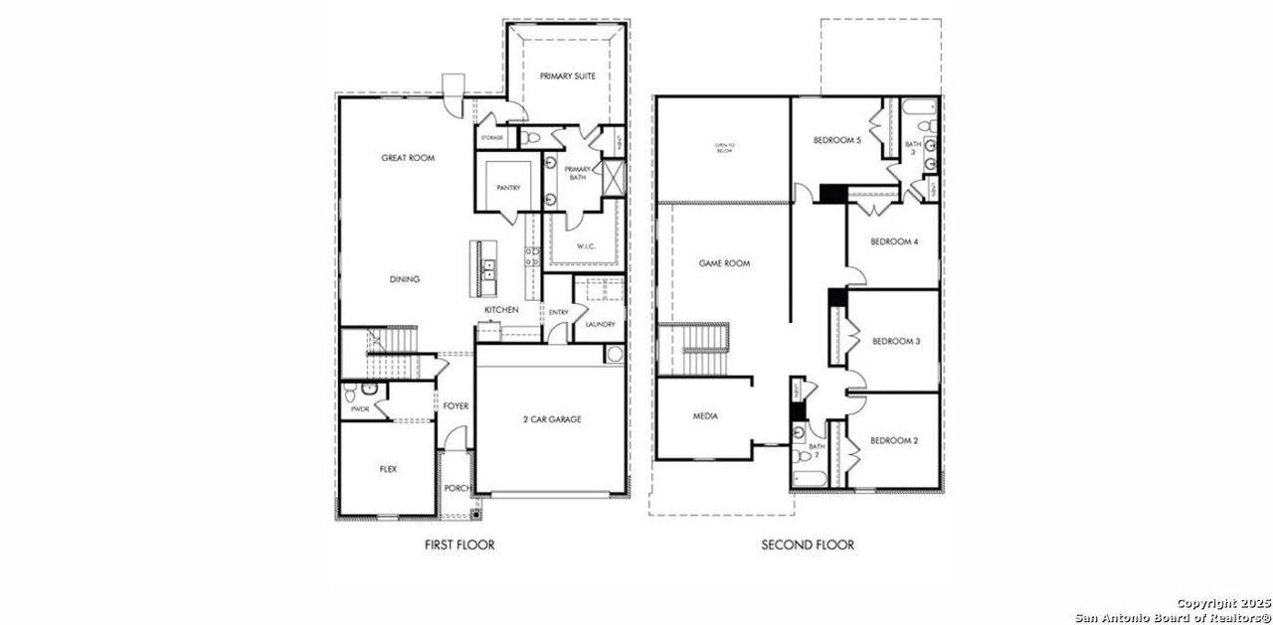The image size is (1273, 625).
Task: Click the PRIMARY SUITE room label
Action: click(x=568, y=77)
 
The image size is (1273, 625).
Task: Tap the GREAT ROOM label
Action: click(x=408, y=158)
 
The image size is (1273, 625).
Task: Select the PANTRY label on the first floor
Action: click(x=508, y=188)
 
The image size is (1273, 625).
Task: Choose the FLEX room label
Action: click(x=388, y=469)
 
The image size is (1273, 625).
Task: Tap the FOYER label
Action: click(x=455, y=406)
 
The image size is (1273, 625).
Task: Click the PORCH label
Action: click(x=456, y=488)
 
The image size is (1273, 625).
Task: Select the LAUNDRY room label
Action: click(x=600, y=324)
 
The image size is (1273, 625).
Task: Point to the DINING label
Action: click(x=404, y=279)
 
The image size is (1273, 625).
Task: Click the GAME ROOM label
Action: click(x=724, y=263)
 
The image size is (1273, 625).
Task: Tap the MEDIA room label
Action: click(x=705, y=416)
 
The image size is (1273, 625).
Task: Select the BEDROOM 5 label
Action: click(x=836, y=140)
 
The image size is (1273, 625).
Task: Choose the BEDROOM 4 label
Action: click(x=894, y=241)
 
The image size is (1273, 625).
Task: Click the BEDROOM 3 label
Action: click(x=896, y=341)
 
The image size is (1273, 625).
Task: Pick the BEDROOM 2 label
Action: click(x=894, y=440)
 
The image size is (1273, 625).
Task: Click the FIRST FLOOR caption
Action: click(x=459, y=545)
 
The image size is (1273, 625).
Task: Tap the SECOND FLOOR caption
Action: click(x=808, y=545)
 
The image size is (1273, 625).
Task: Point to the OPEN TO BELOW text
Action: click(x=723, y=148)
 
